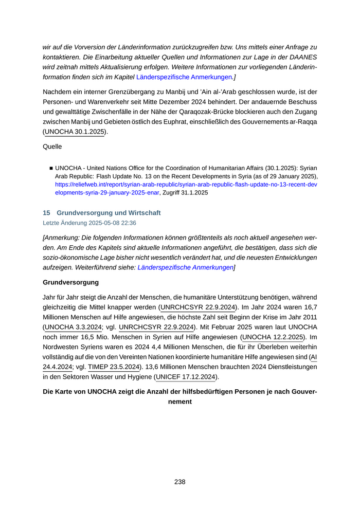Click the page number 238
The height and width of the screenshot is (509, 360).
179,482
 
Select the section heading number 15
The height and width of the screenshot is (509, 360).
46,212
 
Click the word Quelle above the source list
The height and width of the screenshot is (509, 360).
52,147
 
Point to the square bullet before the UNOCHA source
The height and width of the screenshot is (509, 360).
51,168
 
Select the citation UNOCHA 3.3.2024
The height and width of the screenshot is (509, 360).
73,327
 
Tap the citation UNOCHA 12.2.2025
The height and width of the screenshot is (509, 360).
272,337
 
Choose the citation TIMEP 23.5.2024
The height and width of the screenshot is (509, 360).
114,367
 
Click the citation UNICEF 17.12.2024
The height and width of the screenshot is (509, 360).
185,377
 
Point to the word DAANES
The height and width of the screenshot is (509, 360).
303,57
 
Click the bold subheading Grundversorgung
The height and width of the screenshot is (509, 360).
70,282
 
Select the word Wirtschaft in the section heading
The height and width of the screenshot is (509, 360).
142,212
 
